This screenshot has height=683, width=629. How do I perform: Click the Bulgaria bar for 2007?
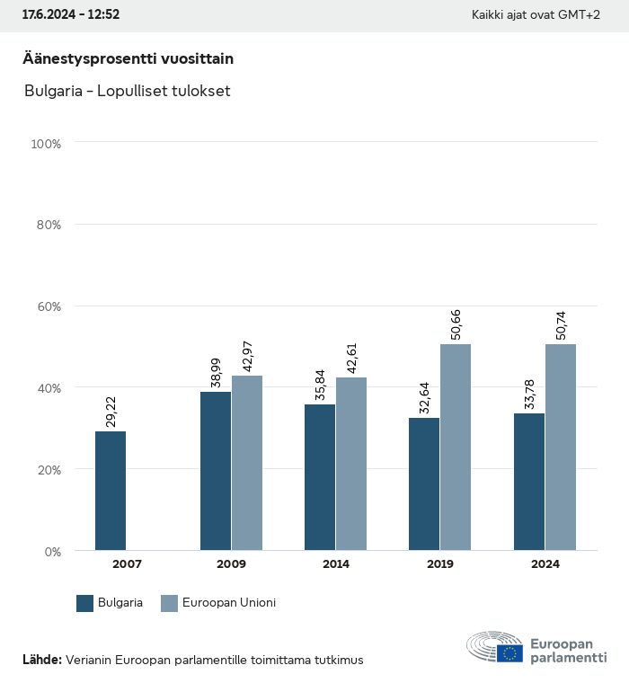111,491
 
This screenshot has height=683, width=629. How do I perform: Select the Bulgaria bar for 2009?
216,471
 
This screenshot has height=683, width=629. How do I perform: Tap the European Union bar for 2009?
247,463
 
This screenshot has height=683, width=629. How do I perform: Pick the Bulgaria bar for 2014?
320,477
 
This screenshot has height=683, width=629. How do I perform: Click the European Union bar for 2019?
456,448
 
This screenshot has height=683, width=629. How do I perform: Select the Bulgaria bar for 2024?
529,482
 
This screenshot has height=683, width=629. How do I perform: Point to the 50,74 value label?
562,324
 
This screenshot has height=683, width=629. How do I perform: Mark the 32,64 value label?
425,398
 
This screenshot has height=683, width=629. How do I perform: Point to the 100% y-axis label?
45,144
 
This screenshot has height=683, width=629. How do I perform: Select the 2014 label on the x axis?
335,564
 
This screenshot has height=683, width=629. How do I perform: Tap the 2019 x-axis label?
440,564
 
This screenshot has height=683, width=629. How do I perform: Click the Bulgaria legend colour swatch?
85,603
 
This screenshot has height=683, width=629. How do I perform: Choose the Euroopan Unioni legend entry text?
228,603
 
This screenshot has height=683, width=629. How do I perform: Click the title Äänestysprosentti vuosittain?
128,58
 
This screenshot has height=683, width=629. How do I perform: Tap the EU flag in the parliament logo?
509,652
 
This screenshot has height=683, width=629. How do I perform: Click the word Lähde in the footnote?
41,660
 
